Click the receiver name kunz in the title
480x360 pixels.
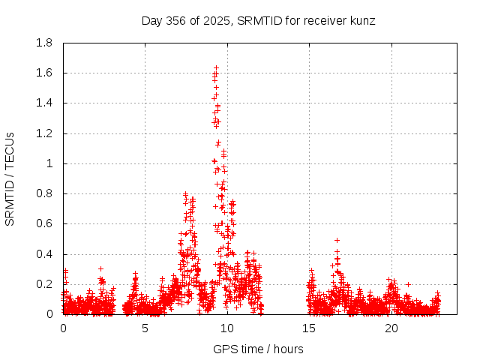coord(361,20)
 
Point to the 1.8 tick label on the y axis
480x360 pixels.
coord(44,43)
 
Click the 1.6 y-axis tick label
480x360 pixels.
coord(44,73)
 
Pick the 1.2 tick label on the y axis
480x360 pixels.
coord(44,133)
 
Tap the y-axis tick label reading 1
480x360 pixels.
coord(50,163)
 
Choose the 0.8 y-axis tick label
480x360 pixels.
coord(44,193)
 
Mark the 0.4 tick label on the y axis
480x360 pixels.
coord(44,254)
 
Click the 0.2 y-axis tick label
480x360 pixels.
coord(44,284)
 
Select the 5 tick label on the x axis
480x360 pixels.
coord(145,328)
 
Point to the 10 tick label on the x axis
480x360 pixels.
coord(226,328)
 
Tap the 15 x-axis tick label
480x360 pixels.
coord(308,328)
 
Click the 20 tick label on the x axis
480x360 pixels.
coord(390,328)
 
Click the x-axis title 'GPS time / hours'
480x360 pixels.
coord(259,349)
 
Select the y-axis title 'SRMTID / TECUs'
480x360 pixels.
coord(10,178)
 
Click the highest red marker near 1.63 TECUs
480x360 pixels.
coord(216,68)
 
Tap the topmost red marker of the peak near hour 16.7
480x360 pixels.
coord(337,240)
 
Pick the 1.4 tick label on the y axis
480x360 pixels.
coord(44,103)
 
